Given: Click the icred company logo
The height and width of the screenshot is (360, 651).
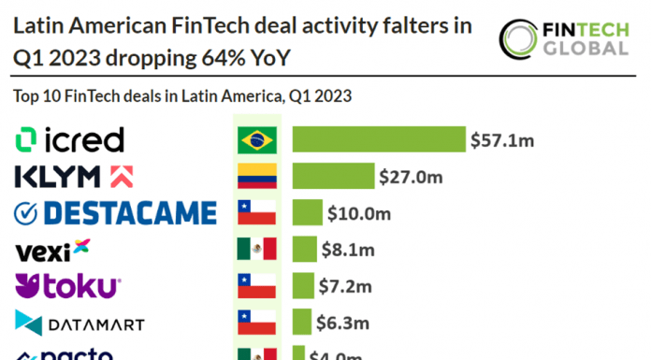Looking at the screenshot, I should point(70,140).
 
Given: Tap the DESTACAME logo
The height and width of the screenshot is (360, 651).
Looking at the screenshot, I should point(116,213).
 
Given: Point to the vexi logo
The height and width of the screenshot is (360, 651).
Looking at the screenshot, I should point(53,250).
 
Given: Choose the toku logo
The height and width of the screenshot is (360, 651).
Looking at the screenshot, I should point(68,286).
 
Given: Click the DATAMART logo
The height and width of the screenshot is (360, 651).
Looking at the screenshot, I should point(80,324).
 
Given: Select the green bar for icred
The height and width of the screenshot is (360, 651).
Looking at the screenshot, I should point(379,140).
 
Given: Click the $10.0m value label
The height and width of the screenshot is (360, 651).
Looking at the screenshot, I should point(358,213).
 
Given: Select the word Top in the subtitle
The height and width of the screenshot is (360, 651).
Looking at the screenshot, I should point(26,95).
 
